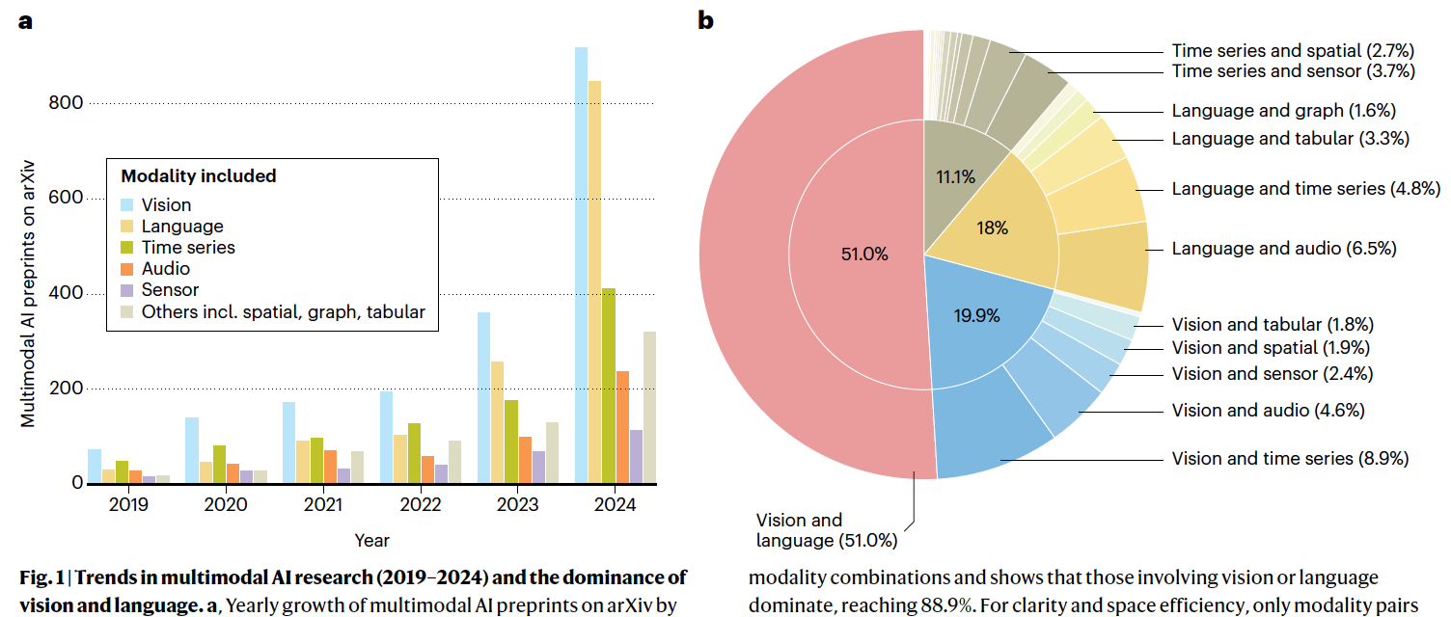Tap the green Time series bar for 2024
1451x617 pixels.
tap(609, 386)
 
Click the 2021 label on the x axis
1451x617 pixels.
tap(323, 504)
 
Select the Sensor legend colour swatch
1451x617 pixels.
tap(127, 290)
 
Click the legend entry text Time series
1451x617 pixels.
tap(188, 248)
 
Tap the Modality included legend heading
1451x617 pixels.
tap(198, 176)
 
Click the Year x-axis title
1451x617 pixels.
tap(371, 540)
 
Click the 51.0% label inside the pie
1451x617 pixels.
tap(864, 255)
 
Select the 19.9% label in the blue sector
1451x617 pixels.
tap(977, 315)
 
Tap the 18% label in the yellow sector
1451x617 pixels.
tap(992, 228)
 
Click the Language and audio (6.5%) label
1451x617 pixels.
tap(1284, 249)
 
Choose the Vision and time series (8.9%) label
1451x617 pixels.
tap(1291, 458)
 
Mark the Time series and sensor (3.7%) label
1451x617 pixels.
tap(1293, 71)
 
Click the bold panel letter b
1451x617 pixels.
tap(706, 20)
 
